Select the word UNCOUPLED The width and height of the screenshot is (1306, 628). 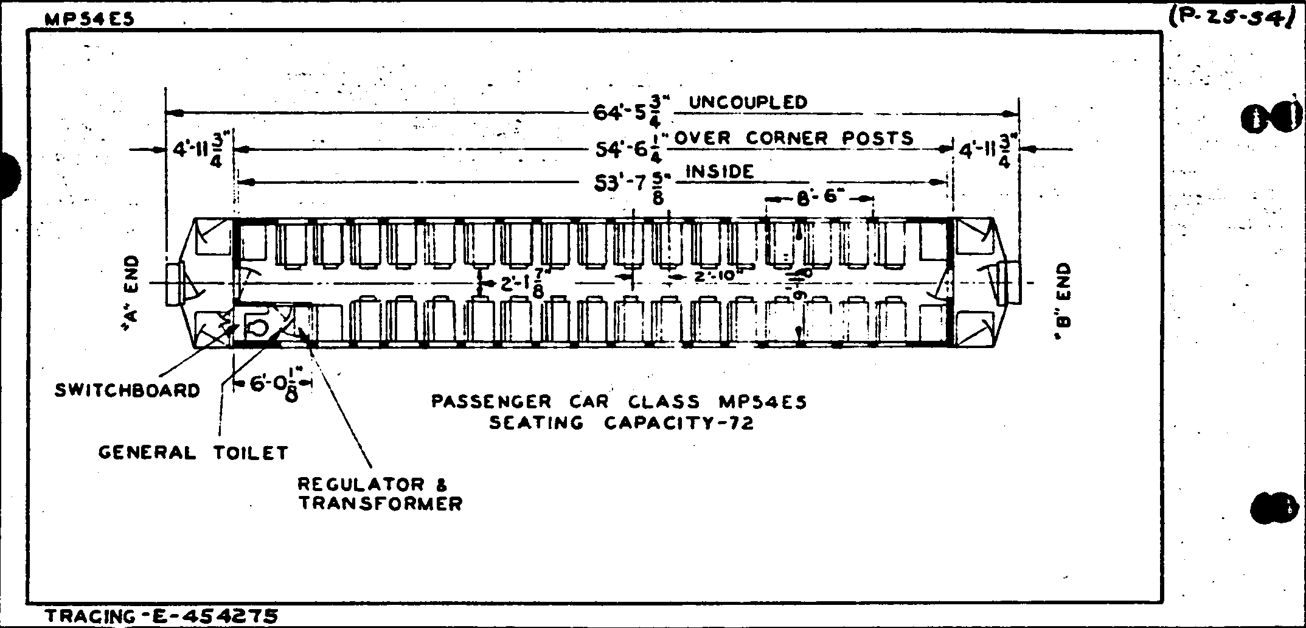pos(748,102)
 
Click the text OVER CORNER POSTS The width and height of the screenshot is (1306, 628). pos(794,138)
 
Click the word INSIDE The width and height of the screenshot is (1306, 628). pos(720,172)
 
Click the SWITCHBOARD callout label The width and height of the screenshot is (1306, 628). pos(127,390)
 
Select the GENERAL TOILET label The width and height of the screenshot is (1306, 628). pos(193,453)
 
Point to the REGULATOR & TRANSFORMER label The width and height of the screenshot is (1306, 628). pos(380,494)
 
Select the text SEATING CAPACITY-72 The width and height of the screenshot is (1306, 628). pos(621,422)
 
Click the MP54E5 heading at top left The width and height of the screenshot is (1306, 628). pos(90,19)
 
